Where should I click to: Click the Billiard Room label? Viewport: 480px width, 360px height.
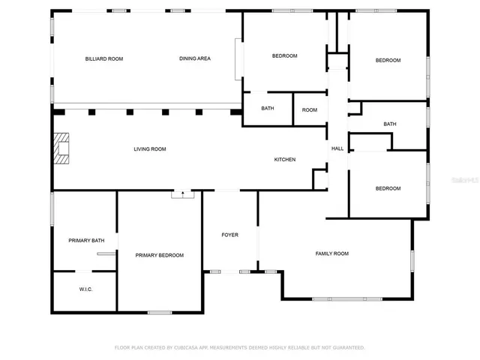pos(104,58)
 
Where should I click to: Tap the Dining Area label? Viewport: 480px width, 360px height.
pos(194,58)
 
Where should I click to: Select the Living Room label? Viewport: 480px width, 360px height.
pos(150,149)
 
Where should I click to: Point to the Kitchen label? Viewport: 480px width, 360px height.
pos(284,160)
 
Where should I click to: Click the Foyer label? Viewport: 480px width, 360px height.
pos(229,235)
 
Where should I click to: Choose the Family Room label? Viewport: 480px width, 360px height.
pos(331,253)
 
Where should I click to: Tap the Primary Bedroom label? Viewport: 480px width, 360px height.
pos(159,256)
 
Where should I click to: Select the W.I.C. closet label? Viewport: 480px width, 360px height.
pos(85,289)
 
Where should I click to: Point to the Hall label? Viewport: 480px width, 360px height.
pos(337,148)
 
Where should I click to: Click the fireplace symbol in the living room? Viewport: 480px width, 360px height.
pos(60,148)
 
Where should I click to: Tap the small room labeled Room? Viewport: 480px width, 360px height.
pos(310,110)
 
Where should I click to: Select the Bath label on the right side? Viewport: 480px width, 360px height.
pos(390,124)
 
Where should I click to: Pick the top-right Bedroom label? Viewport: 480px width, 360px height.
pos(388,61)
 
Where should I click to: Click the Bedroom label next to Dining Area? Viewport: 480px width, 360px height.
pos(284,56)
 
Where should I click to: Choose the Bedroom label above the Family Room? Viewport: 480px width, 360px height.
pos(388,189)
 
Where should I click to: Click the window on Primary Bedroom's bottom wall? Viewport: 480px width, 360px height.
pos(159,312)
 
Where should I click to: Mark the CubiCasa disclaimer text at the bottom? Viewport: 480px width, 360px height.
pos(239,348)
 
